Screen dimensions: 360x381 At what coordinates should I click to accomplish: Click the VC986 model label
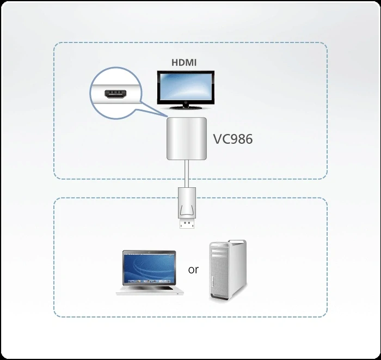tap(232, 139)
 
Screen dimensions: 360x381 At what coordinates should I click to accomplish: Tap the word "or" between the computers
tap(193, 270)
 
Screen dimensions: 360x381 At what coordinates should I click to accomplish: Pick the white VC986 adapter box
tap(186, 139)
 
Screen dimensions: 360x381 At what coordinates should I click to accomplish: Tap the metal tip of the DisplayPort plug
tap(186, 223)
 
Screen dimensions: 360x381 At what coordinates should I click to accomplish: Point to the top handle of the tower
tap(229, 244)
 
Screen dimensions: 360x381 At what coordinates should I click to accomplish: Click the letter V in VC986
tap(217, 139)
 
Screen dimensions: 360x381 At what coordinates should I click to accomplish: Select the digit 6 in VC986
tap(248, 139)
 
